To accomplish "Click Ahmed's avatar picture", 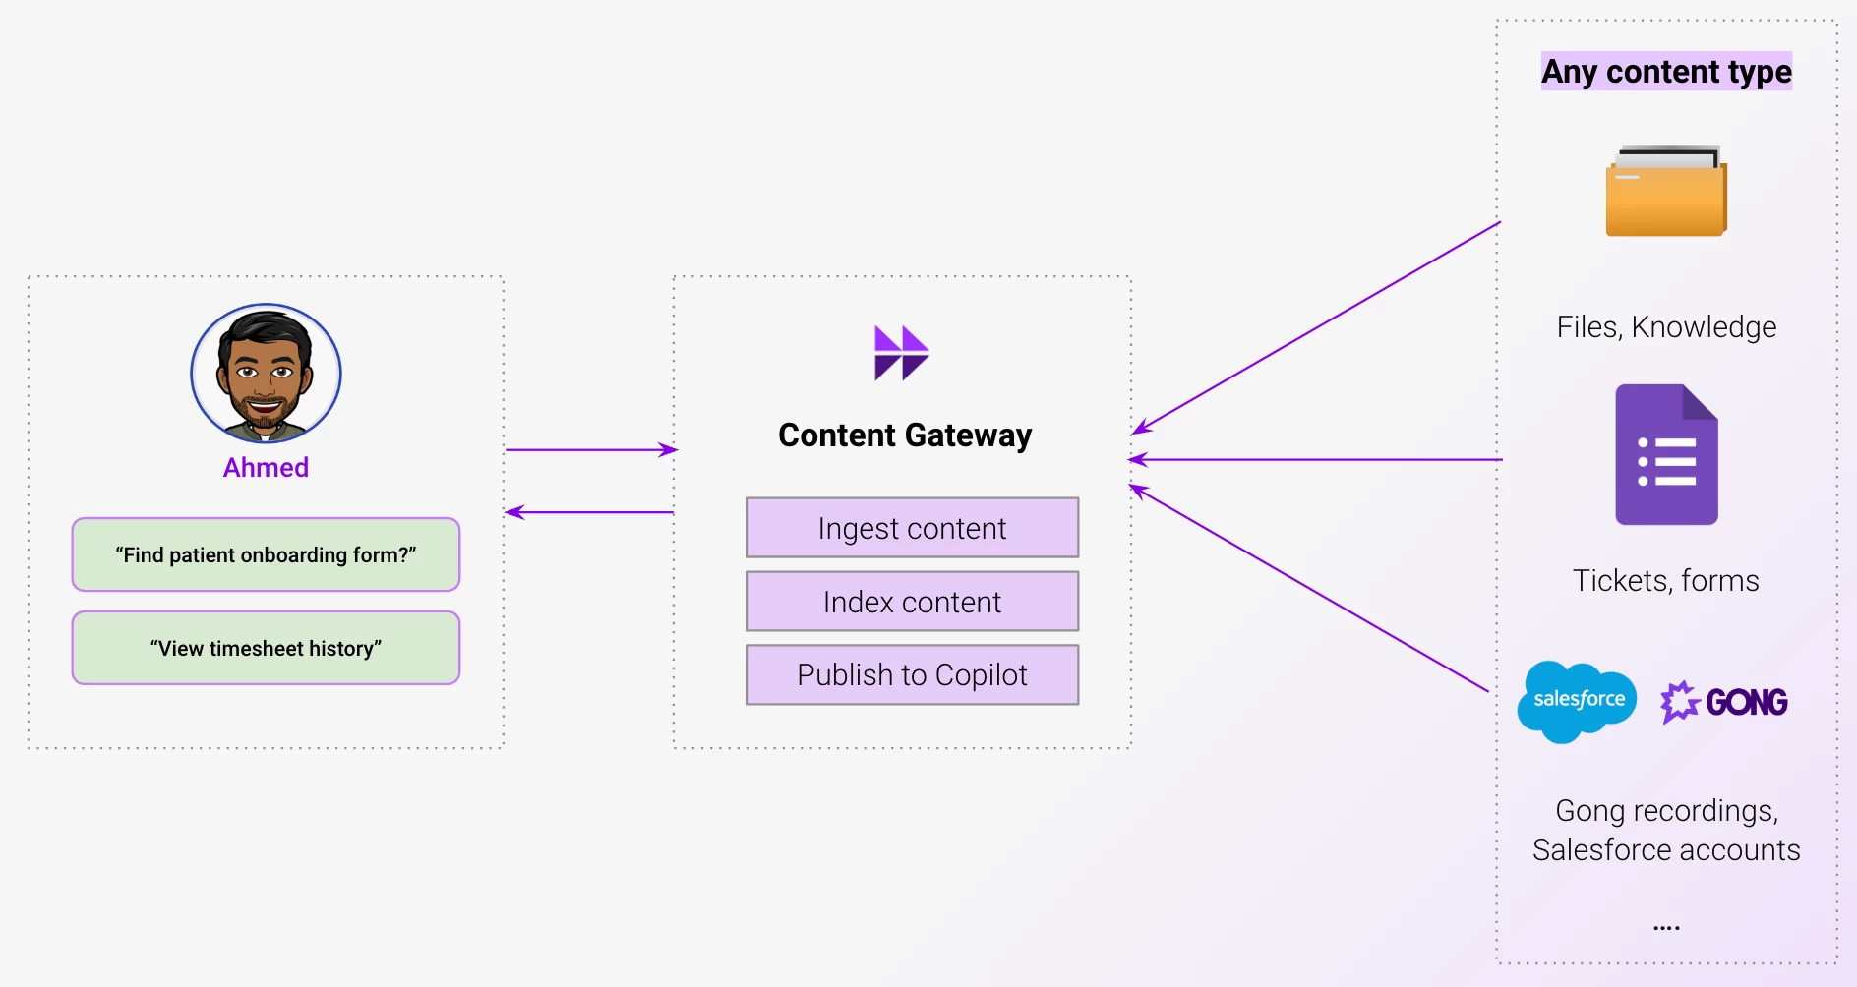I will pos(266,374).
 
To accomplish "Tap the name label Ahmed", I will pos(266,468).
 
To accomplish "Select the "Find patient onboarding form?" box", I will pos(266,554).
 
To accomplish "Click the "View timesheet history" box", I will pos(266,648).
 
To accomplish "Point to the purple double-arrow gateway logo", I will pos(901,353).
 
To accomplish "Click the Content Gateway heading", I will pos(905,435).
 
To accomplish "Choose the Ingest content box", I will pos(912,528).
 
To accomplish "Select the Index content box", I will pos(912,602).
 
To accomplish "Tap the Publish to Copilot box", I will pos(912,674).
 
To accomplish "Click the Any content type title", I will pos(1666,72).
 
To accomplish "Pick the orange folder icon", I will pos(1666,192).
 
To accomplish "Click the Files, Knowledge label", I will pos(1666,326).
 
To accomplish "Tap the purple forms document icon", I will pos(1666,454).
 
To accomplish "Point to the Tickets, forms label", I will pos(1665,580).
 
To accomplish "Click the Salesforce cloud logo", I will pos(1578,700).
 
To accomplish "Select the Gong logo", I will pos(1724,702).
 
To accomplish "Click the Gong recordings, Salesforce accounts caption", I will pos(1666,830).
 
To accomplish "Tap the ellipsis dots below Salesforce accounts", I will pos(1666,927).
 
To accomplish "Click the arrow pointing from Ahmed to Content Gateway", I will pos(590,450).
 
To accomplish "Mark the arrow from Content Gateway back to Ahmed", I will pos(590,512).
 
